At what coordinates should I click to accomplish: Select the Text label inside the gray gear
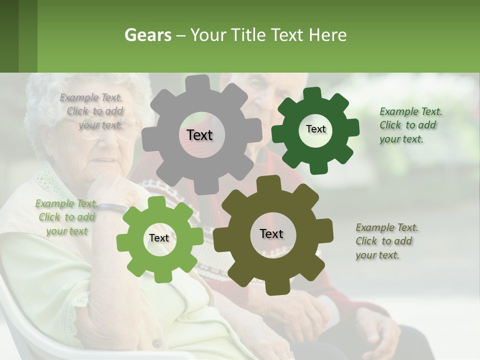[199, 135]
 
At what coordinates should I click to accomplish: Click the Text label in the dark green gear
[315, 129]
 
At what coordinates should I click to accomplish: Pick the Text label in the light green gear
[159, 238]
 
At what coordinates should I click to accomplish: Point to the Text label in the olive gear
[271, 234]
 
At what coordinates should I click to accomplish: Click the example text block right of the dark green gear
[410, 125]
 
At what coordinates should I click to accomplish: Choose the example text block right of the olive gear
[386, 241]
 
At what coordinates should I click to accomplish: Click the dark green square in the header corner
[9, 36]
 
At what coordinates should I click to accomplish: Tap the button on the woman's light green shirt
[156, 343]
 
